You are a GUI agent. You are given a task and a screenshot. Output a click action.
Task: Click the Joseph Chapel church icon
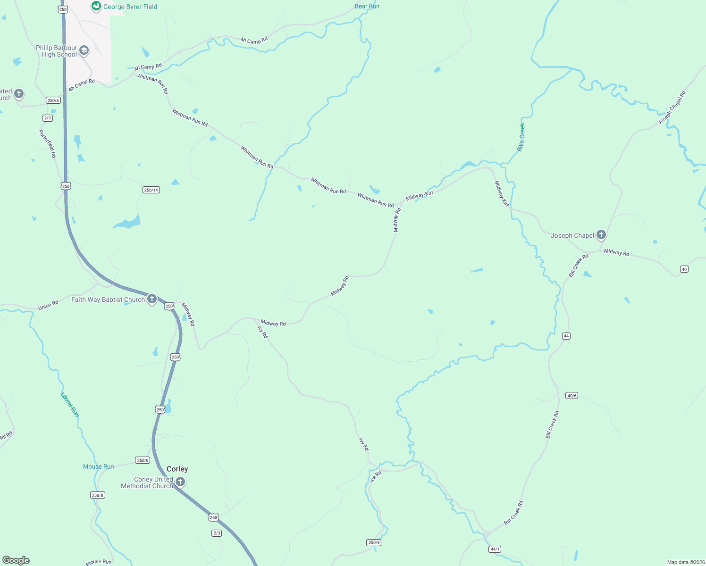coord(601,234)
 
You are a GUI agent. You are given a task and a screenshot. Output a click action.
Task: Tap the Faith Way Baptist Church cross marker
coord(152,299)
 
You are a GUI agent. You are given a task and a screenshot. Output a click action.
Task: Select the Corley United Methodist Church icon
coord(180,482)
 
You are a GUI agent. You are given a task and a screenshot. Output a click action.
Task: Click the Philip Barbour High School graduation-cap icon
coord(84,50)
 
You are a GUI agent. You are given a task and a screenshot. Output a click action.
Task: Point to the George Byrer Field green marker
coord(96,6)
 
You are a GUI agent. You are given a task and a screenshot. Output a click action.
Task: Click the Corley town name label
coord(177,469)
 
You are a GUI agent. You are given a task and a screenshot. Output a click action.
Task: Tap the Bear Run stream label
coord(367,6)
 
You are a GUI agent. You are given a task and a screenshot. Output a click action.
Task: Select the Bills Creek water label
coord(521,137)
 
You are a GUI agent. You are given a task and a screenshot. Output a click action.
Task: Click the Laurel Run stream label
coord(70,405)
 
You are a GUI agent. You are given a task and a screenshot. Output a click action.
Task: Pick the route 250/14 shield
coord(151,190)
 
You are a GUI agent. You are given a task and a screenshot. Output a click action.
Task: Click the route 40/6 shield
coord(572,396)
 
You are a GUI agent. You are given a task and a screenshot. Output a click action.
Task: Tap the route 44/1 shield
coord(495,549)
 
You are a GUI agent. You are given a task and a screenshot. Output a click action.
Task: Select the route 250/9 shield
coord(374,542)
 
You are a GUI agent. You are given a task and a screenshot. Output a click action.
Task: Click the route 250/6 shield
coord(53,100)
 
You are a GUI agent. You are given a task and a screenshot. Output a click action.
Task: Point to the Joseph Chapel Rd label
coord(672,108)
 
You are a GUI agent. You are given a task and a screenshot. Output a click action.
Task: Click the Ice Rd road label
coord(376,476)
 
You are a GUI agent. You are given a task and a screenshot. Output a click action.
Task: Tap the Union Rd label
coord(48,305)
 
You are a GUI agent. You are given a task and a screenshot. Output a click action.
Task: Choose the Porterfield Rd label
coord(48,143)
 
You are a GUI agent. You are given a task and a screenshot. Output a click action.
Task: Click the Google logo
coord(16,560)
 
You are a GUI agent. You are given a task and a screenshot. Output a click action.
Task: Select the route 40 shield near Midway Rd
coord(684,269)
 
